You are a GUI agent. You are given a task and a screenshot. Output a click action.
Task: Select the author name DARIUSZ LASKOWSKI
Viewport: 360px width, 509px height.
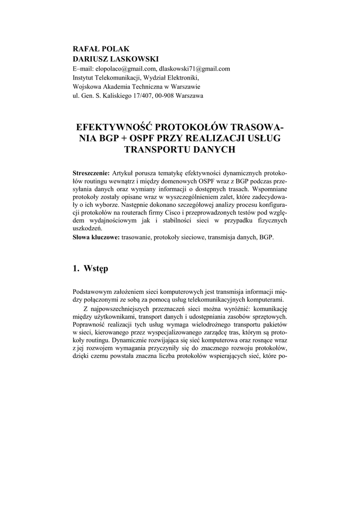pyautogui.click(x=109, y=59)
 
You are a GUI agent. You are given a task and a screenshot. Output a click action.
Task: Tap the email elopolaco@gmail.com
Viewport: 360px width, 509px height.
pyautogui.click(x=125, y=69)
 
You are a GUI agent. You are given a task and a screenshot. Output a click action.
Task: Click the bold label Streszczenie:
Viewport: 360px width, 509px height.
pyautogui.click(x=91, y=173)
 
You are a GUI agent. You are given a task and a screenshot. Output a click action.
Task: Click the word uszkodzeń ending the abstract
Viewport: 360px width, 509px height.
pyautogui.click(x=87, y=229)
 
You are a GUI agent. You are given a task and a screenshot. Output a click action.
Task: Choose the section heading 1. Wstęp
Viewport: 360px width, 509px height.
pyautogui.click(x=90, y=269)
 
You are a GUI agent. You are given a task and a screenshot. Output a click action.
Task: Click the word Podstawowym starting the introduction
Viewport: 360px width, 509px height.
pyautogui.click(x=92, y=292)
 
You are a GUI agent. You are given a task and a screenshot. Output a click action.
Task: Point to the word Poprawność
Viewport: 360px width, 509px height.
pyautogui.click(x=90, y=324)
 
